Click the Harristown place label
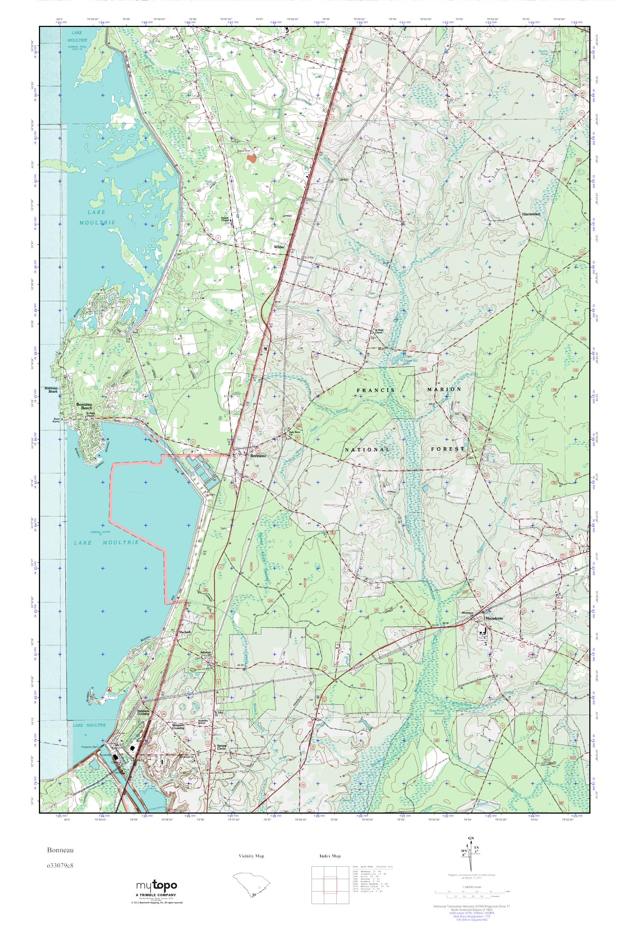tap(531, 214)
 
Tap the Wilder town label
tap(279, 247)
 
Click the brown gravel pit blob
tap(252, 159)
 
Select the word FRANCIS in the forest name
tap(375, 390)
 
